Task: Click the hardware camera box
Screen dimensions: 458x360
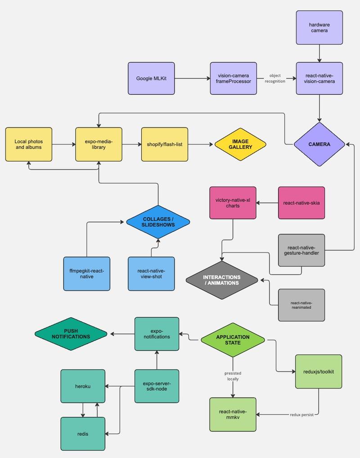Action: (x=319, y=27)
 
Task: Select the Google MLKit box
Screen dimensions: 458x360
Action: (x=151, y=78)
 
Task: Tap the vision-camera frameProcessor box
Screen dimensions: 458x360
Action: (x=234, y=78)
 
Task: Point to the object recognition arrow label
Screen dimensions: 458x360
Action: (x=275, y=78)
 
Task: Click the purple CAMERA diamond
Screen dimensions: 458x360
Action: (x=319, y=144)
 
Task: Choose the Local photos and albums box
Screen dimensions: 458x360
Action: (x=29, y=144)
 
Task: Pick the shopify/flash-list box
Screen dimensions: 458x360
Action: (x=164, y=144)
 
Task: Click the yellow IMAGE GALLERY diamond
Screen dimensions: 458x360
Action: (x=241, y=144)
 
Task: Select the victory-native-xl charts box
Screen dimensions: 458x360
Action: (x=233, y=203)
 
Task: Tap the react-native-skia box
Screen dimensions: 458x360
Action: (x=301, y=203)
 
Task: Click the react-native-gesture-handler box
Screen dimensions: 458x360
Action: (x=301, y=250)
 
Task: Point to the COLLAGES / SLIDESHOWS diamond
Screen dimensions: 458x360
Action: (x=158, y=222)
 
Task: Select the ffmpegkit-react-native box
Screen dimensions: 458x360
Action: (x=86, y=273)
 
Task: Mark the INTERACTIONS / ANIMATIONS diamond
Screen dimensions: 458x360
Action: (x=222, y=280)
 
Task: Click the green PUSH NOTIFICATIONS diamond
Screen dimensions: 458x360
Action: (x=71, y=334)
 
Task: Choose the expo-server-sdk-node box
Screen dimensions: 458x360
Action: (x=157, y=386)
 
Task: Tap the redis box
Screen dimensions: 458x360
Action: (x=83, y=434)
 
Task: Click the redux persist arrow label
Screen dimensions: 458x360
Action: (x=301, y=414)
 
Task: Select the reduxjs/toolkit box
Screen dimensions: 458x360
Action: (x=319, y=371)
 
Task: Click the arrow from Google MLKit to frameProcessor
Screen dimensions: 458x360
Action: (x=192, y=78)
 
